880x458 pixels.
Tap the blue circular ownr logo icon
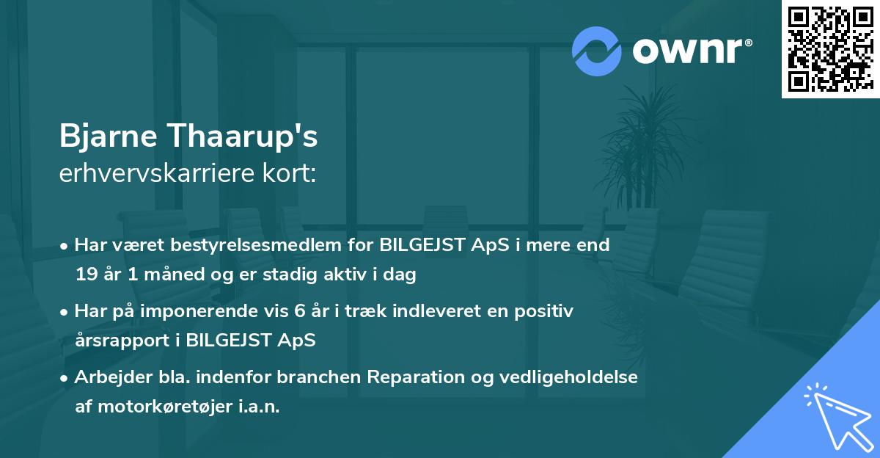(597, 51)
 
